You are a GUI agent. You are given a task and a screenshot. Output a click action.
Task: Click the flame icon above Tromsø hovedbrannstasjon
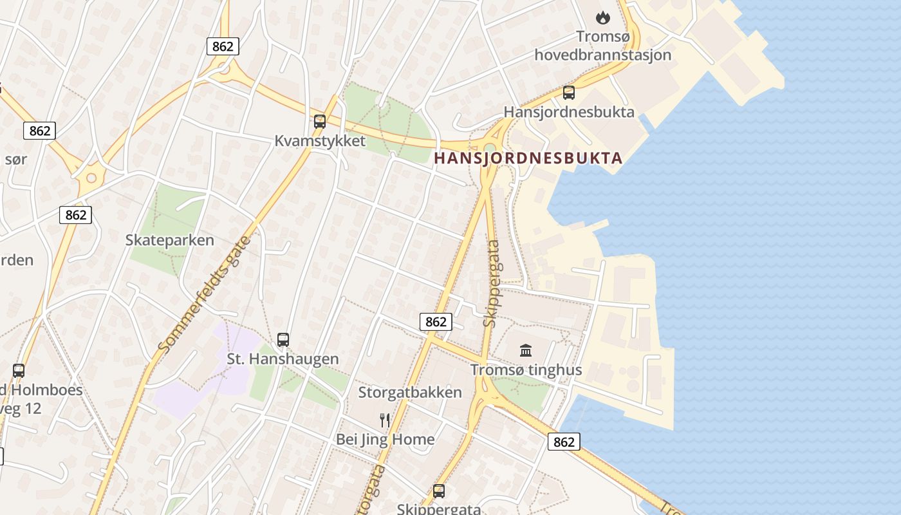tap(602, 17)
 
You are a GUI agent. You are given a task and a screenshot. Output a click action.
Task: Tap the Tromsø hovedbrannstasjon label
tap(602, 45)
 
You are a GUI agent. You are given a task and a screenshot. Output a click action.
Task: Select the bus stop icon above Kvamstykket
tap(320, 121)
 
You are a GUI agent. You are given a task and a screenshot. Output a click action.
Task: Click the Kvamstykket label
tap(320, 141)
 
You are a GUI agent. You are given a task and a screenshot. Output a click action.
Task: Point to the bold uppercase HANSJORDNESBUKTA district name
tap(528, 158)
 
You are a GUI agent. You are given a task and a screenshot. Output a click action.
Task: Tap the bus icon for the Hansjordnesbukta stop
tap(569, 93)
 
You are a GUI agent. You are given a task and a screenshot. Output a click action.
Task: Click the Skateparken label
tap(170, 240)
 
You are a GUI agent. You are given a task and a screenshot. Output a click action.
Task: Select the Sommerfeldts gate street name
tap(205, 294)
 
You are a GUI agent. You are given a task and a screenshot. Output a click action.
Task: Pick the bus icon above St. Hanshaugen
tap(283, 339)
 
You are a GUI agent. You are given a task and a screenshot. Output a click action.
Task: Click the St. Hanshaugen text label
tap(283, 359)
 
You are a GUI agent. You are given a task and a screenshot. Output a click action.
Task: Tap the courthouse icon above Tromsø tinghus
tap(526, 351)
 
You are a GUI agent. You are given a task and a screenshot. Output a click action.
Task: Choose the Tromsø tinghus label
tap(526, 370)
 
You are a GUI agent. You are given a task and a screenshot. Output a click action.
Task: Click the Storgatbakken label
tap(410, 392)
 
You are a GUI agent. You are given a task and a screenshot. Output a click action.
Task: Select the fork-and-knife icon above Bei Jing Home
tap(385, 420)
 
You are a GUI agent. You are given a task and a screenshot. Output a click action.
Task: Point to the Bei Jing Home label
tap(385, 440)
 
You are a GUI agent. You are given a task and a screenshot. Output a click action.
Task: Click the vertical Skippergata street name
tap(492, 283)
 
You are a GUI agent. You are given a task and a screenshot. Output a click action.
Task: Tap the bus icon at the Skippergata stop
tap(439, 491)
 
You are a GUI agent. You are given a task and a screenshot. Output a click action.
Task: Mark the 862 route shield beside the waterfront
tap(564, 442)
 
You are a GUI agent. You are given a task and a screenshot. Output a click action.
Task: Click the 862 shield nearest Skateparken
tap(76, 215)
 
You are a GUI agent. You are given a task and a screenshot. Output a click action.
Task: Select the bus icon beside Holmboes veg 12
tap(19, 371)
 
